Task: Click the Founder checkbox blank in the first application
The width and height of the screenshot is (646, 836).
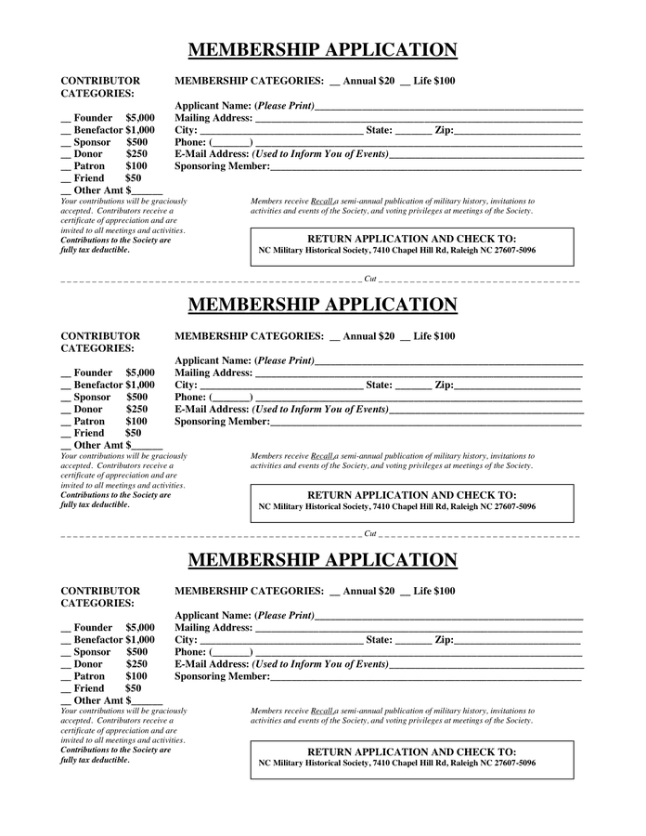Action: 66,119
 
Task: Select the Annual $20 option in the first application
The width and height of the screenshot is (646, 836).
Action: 335,82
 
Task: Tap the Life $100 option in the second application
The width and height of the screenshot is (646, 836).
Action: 406,336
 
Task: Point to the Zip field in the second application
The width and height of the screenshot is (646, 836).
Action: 516,385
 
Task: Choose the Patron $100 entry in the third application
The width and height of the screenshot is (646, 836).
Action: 66,677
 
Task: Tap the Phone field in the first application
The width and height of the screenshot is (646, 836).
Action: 232,143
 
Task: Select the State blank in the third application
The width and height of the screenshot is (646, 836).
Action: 413,640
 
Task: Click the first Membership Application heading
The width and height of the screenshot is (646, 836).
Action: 322,50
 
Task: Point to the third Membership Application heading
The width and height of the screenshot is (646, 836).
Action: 322,560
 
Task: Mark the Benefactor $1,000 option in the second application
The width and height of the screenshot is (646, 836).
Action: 66,385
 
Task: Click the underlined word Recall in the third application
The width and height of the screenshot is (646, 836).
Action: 322,711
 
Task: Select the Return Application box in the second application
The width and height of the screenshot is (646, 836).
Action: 411,503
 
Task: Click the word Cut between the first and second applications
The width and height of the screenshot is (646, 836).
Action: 370,279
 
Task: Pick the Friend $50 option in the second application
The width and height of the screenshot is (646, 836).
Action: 66,434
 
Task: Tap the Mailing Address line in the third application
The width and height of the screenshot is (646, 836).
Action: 418,628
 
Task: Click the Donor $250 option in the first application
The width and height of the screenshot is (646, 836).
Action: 66,154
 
